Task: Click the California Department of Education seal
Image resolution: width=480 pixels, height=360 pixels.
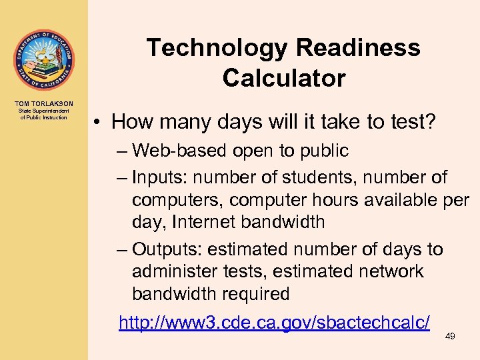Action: point(43,61)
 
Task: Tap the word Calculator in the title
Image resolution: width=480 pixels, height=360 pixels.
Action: point(284,79)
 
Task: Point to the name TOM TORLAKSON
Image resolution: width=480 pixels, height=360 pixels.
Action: point(43,103)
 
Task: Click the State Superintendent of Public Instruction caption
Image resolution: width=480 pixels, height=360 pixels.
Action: point(43,114)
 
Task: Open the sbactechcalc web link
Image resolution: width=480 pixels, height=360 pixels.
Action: point(274,323)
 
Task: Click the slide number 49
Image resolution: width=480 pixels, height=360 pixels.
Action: point(450,337)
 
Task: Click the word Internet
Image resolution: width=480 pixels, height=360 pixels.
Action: point(203,222)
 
